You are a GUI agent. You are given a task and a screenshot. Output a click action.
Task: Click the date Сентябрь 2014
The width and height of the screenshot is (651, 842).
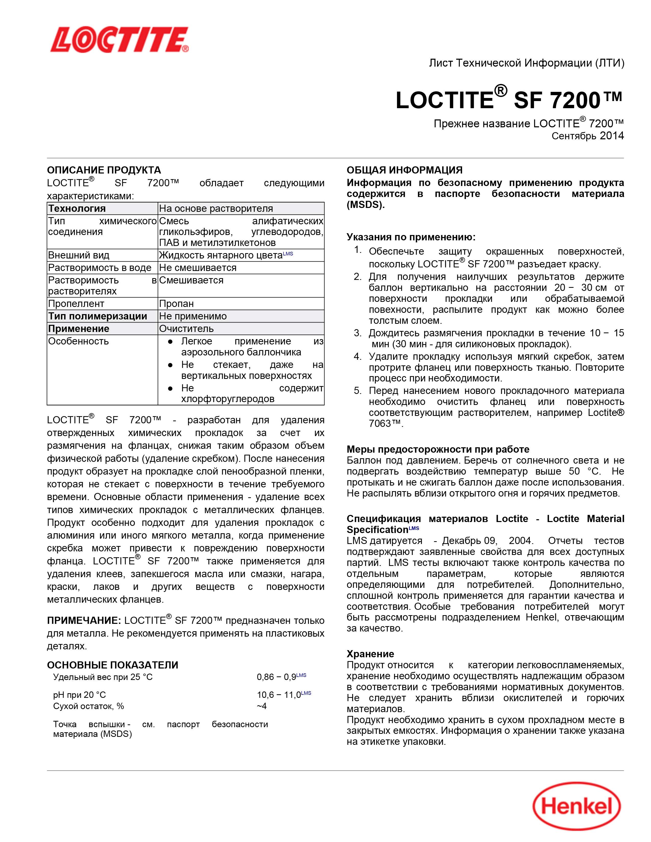coord(587,136)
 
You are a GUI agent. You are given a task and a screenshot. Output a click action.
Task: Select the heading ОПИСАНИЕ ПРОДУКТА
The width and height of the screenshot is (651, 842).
coord(104,170)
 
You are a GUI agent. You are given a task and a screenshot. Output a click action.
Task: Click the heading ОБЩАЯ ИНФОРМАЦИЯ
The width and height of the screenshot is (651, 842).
coord(404,170)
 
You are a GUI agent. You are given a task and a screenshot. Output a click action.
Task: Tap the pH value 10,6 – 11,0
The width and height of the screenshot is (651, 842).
coord(279,695)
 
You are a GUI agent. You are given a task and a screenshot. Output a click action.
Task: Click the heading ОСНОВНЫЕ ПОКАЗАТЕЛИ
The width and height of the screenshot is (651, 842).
coord(112,665)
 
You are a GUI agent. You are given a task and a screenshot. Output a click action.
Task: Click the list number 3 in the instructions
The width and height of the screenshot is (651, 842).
coord(357,333)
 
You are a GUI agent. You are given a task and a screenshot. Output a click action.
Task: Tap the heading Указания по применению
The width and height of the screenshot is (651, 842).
coord(411,237)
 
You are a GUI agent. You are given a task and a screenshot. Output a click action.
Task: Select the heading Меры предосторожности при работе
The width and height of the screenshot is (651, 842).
coord(438,449)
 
